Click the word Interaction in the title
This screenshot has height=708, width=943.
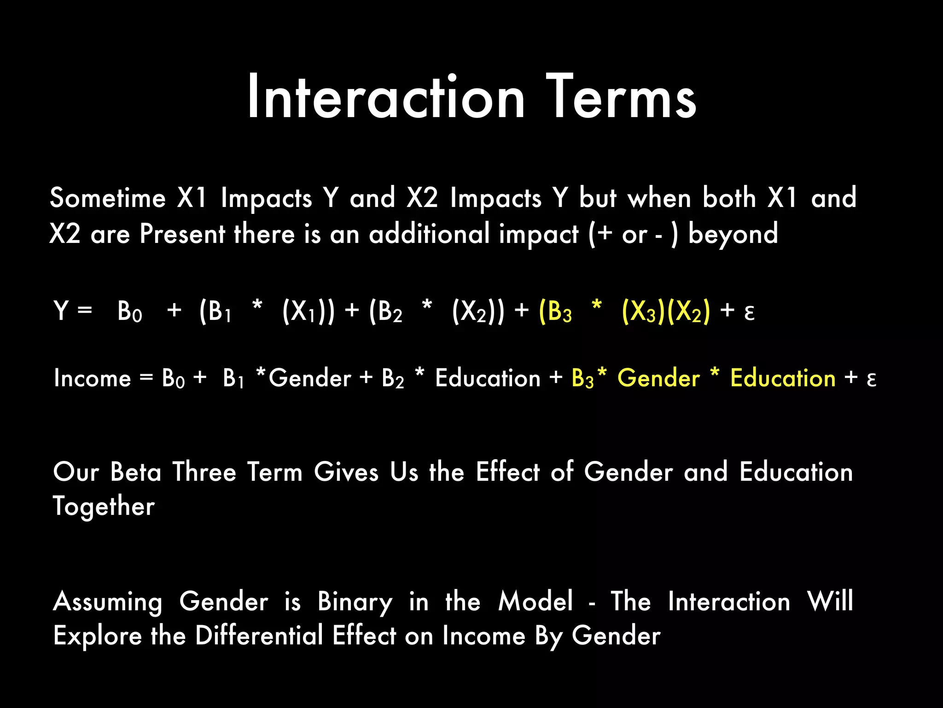[x=386, y=98]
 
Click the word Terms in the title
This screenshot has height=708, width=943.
[x=621, y=98]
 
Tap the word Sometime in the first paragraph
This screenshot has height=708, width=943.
[x=107, y=198]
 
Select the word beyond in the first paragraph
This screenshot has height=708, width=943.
[x=733, y=234]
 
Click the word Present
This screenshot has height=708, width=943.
[x=182, y=234]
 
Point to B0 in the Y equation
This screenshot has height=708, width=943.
[x=129, y=312]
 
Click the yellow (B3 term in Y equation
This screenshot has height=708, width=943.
[x=555, y=312]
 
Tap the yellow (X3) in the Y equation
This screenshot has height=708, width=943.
[x=643, y=312]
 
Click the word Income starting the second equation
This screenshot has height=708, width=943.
[x=93, y=378]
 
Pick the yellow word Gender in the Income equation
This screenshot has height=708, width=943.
[x=658, y=378]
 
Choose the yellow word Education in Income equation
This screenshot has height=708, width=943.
[x=783, y=378]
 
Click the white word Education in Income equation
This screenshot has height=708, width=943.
[x=488, y=378]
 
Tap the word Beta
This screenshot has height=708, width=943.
[x=136, y=472]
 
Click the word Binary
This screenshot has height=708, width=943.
[x=355, y=602]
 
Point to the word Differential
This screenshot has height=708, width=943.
[x=259, y=636]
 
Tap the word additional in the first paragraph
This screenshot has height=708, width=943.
[x=429, y=234]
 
